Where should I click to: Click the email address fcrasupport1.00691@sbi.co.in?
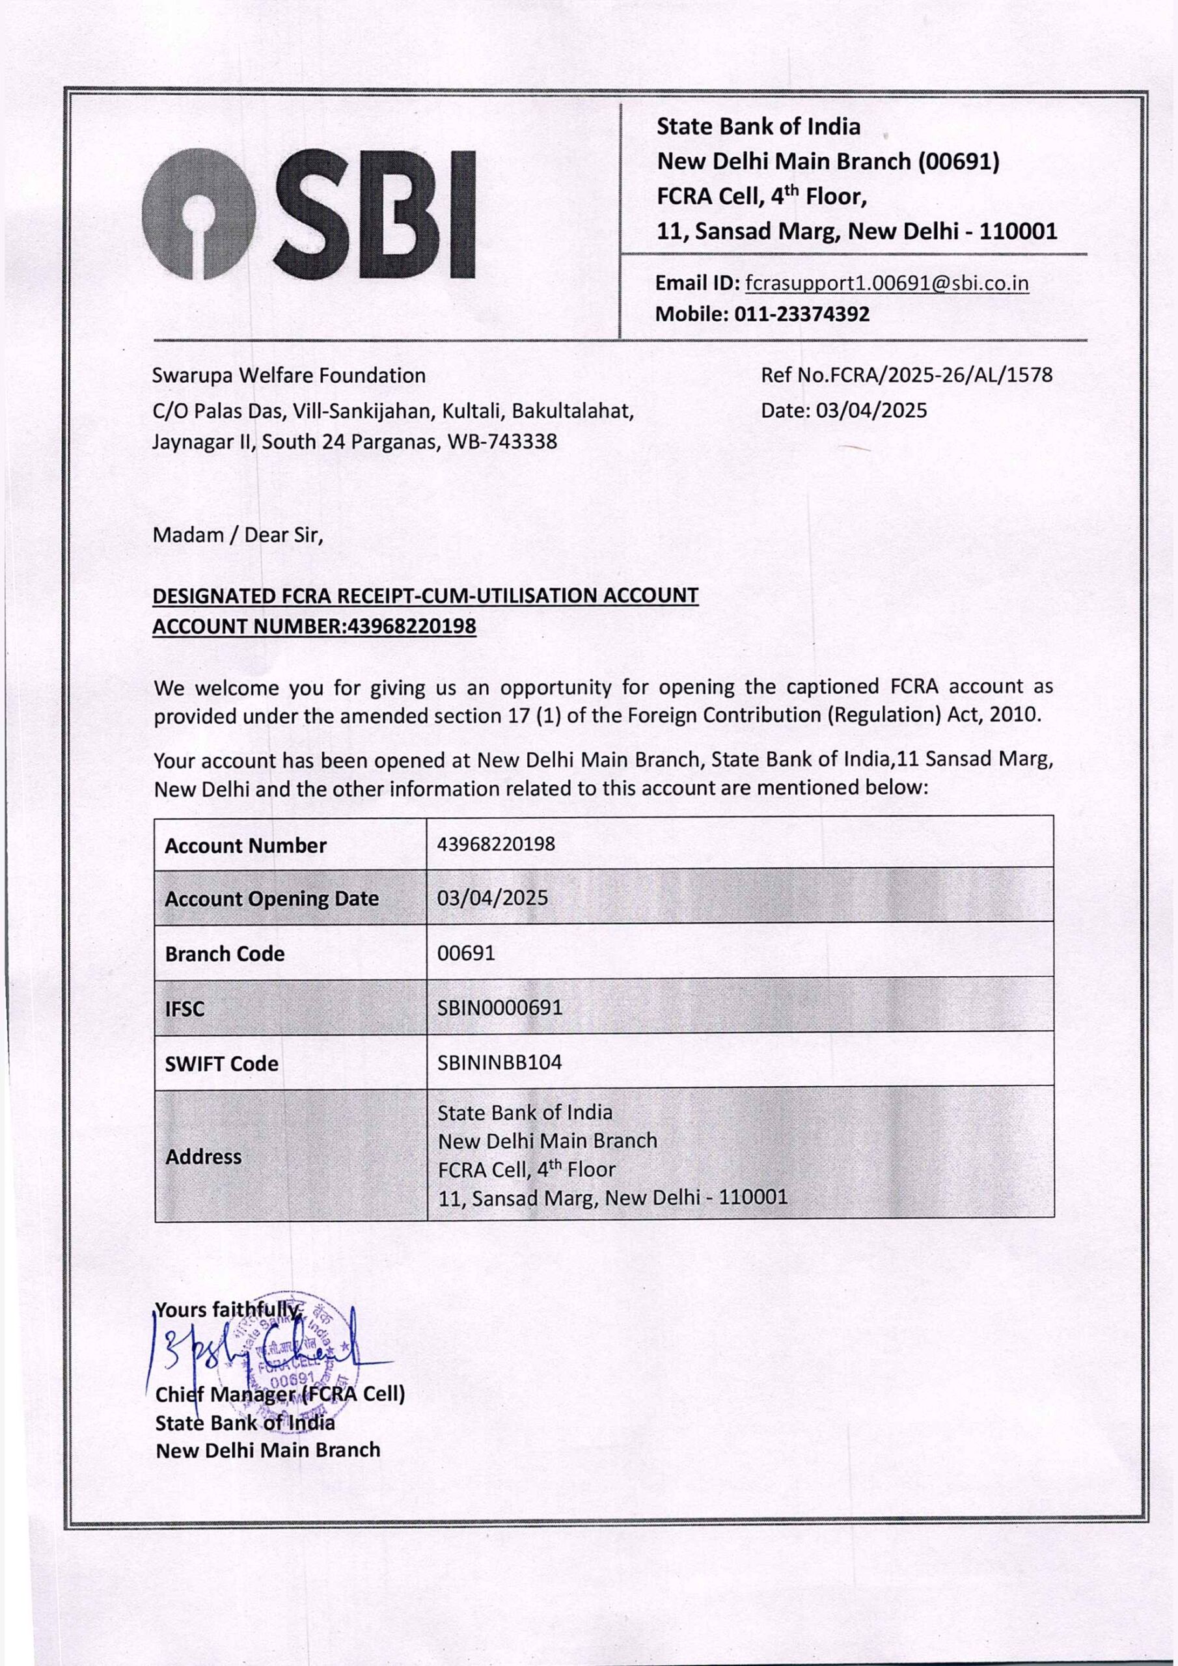[887, 283]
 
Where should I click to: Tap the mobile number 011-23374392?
[801, 314]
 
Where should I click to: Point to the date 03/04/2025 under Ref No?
[871, 411]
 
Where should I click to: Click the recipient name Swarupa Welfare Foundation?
[289, 376]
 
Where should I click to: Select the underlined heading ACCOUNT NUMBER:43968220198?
[314, 625]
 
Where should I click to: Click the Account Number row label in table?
[245, 845]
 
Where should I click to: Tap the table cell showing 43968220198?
[496, 844]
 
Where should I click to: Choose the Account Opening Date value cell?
[492, 898]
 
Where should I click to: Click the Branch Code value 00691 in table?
[466, 953]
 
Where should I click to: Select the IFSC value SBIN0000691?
[499, 1007]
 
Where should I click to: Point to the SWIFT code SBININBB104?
[499, 1062]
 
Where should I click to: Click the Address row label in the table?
[203, 1156]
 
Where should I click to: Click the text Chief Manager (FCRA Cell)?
[280, 1395]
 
